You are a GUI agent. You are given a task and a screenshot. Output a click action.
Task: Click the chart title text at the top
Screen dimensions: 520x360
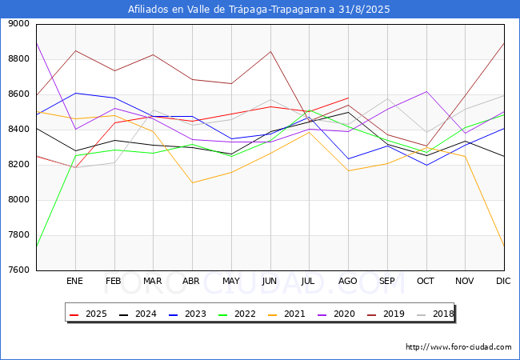(259, 10)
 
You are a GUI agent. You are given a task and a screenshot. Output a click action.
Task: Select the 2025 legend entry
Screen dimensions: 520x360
(89, 314)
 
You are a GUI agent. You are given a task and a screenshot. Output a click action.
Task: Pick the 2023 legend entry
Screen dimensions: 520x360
(188, 314)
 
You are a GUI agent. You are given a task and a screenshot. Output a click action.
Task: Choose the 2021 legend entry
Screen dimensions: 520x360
(287, 314)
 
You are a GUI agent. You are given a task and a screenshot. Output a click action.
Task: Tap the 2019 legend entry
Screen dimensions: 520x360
(386, 314)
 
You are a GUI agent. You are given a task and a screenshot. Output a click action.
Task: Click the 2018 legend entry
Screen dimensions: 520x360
(435, 314)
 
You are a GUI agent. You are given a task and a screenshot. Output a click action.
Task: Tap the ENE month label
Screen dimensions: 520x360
(75, 281)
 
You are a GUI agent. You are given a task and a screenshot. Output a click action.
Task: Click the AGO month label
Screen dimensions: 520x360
(347, 281)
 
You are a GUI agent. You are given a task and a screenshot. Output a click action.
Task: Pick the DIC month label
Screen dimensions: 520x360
(503, 281)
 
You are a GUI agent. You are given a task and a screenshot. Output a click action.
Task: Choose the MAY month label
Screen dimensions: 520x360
(231, 281)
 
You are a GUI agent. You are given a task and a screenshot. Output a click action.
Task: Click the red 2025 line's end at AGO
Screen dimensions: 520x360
(349, 98)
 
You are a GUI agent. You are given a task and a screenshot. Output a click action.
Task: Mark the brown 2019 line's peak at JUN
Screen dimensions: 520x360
(270, 51)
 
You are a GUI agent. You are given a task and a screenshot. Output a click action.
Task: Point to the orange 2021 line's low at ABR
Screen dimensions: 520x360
(192, 182)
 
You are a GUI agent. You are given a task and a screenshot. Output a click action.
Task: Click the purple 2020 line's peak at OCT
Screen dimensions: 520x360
(426, 91)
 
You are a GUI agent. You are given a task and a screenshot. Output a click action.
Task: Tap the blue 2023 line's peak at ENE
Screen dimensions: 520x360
(76, 93)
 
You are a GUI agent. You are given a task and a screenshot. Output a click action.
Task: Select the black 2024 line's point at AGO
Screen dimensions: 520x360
(349, 112)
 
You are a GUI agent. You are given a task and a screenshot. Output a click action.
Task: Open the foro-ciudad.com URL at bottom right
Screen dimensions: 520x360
(458, 347)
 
